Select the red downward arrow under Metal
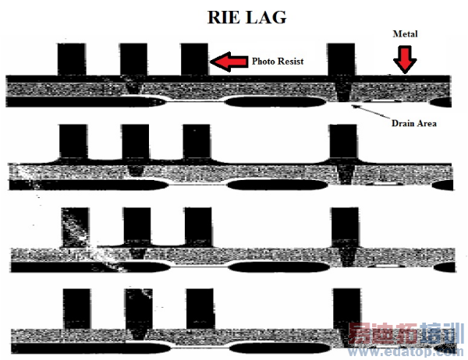click(x=403, y=59)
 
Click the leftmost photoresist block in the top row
click(x=72, y=59)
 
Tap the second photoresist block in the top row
click(x=133, y=59)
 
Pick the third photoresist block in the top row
click(x=194, y=59)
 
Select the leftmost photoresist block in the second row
click(x=73, y=141)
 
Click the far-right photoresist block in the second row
click(x=343, y=141)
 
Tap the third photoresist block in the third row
click(x=197, y=226)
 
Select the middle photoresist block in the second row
click(x=135, y=142)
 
